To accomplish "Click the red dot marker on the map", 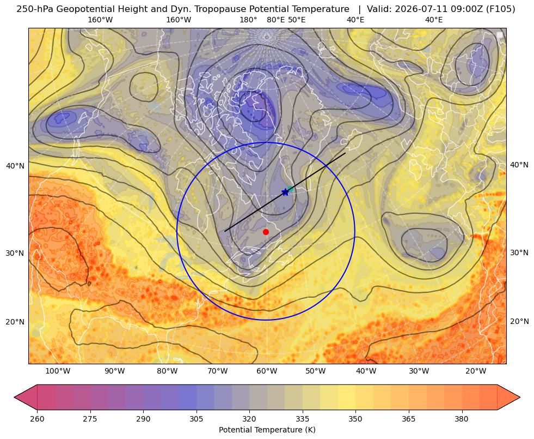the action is (266, 232).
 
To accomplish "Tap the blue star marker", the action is (285, 193).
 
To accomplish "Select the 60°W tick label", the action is (267, 371).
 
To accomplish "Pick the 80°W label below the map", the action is (167, 371).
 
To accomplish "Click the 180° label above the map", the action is (248, 20).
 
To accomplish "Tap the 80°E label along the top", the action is (276, 20).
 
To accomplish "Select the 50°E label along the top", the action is (297, 20).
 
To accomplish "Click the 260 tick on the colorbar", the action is (37, 419).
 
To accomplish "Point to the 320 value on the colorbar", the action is (249, 419).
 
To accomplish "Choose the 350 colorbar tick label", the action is (355, 419).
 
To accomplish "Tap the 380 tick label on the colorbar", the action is (462, 419).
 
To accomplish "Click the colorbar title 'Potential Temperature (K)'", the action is (267, 430).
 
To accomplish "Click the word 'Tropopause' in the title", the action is (215, 9).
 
